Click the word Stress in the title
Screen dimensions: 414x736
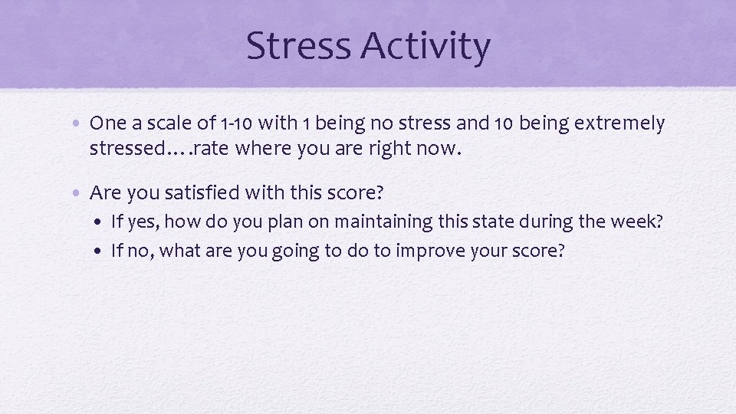point(300,46)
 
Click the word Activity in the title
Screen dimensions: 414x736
point(426,48)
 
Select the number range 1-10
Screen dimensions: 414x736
point(235,123)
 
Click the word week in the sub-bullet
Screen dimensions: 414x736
point(636,222)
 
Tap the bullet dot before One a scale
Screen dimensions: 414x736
point(80,123)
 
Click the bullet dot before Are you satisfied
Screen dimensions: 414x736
point(80,193)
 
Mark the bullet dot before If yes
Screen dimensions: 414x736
point(102,223)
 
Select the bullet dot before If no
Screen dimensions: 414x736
point(102,251)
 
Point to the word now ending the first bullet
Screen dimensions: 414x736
point(442,148)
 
